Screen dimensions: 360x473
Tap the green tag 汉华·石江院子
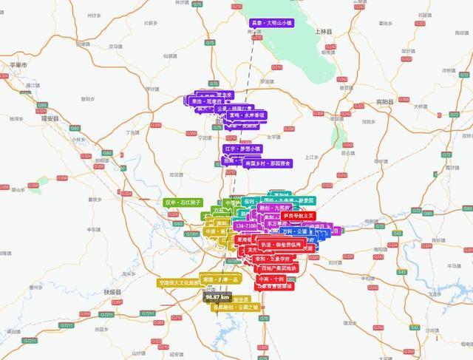(x=183, y=202)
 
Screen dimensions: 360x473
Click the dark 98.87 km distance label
(x=218, y=297)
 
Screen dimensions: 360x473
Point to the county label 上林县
(x=324, y=32)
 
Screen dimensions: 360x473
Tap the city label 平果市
(x=18, y=65)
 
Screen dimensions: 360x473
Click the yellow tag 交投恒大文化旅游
(x=179, y=282)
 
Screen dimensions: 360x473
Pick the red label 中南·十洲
(x=271, y=279)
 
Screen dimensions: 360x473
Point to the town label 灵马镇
(x=115, y=46)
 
